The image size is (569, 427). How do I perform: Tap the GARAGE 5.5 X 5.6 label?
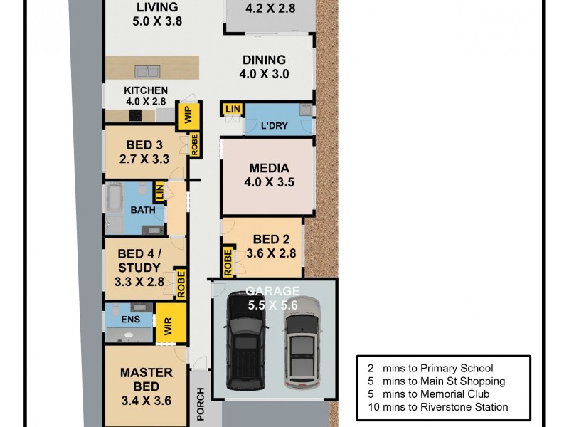pyautogui.click(x=273, y=297)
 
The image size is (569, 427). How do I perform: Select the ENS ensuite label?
pyautogui.click(x=130, y=320)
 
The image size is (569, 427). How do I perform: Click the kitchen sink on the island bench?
pyautogui.click(x=147, y=70)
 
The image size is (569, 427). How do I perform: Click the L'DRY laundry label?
pyautogui.click(x=274, y=125)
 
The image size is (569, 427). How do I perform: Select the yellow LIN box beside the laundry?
pyautogui.click(x=233, y=109)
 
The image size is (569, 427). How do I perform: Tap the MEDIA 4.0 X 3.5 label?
pyautogui.click(x=269, y=175)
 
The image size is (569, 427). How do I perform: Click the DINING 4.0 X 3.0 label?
pyautogui.click(x=265, y=67)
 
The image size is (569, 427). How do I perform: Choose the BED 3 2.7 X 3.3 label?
pyautogui.click(x=144, y=152)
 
